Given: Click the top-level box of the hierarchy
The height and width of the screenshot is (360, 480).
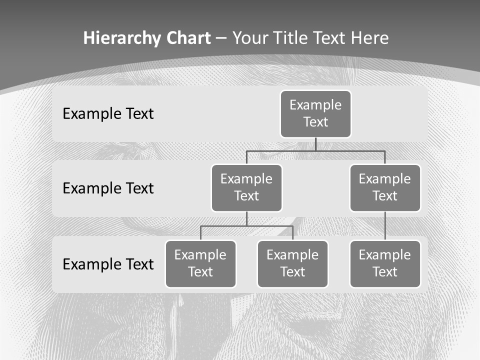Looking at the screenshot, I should coord(315,113).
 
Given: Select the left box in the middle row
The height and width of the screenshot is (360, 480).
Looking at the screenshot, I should coord(246,187).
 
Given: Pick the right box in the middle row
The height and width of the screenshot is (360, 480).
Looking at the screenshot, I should coord(385,187).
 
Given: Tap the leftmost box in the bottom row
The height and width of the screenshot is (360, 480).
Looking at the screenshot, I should coord(200,263).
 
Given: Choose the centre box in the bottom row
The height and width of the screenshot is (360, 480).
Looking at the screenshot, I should coord(292,263).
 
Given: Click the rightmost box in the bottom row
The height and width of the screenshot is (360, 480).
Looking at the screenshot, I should coord(385,263).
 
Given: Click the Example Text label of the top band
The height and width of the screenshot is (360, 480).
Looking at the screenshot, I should coord(108,113).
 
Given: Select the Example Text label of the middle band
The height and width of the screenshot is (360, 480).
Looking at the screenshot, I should coord(108,188).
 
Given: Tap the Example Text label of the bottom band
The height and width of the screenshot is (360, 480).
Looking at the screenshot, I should coord(108,264).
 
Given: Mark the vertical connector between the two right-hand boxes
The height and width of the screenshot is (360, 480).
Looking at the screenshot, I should coord(385,226).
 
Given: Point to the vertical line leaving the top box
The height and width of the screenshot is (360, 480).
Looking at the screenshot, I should coord(315,144).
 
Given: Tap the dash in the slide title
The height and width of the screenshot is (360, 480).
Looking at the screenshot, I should coord(222,38).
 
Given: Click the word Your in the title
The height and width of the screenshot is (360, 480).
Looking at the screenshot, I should coord(249,38).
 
